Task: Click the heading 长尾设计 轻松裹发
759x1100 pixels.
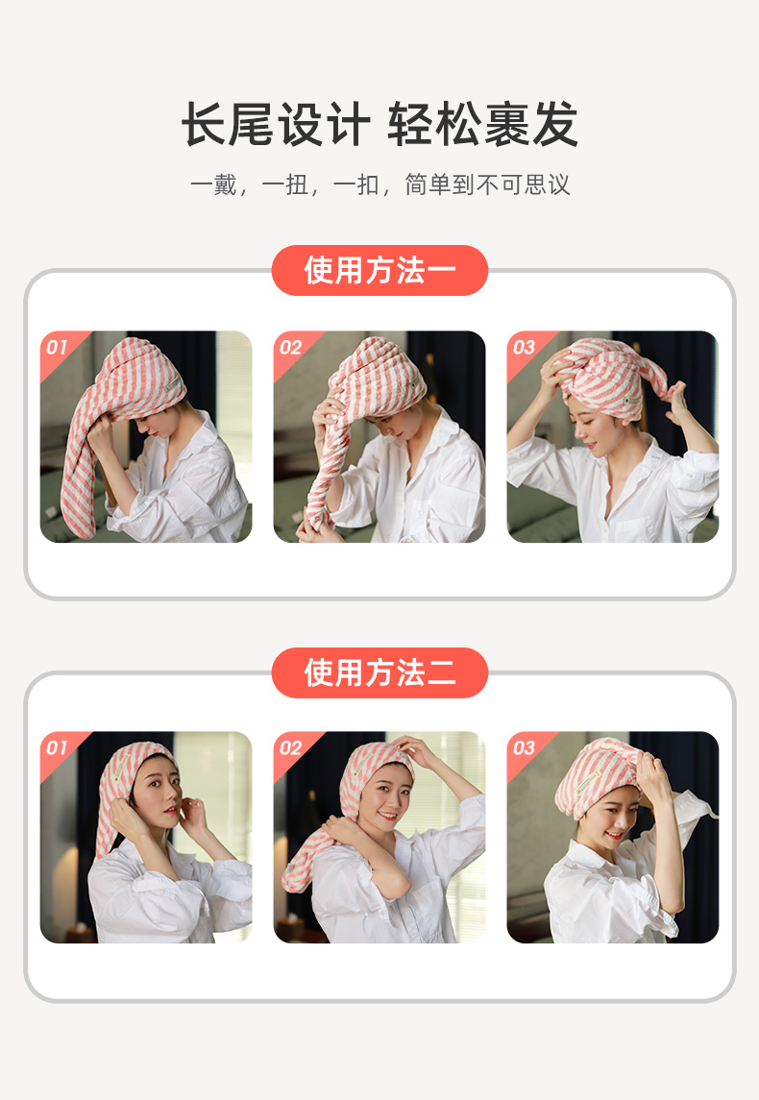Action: (x=379, y=125)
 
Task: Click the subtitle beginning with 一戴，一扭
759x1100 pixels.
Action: (x=379, y=184)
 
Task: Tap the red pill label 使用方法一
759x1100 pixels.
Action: (x=379, y=271)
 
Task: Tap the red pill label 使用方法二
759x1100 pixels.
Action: (x=379, y=672)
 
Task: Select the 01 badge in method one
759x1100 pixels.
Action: (x=58, y=347)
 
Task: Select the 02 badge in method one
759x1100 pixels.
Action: (x=291, y=347)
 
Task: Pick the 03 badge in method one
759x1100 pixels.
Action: (x=525, y=347)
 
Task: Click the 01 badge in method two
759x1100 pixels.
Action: (x=58, y=747)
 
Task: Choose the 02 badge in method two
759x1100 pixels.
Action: (x=291, y=747)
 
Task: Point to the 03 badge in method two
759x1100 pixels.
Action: (x=525, y=747)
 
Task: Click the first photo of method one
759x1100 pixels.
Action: (x=146, y=437)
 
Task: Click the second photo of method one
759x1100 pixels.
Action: (x=379, y=437)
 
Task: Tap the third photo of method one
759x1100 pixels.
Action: (x=613, y=437)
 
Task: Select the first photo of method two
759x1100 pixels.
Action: (x=146, y=838)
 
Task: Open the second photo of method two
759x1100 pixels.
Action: (x=379, y=838)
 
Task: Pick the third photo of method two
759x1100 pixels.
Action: (x=613, y=838)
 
